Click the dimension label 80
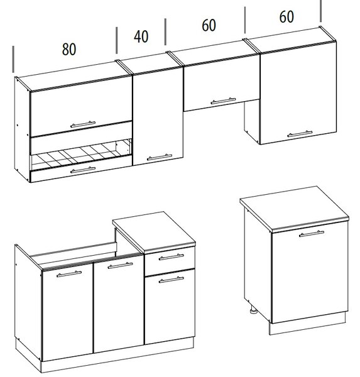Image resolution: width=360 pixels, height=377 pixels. tap(69, 49)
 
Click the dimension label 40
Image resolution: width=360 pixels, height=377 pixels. tap(141, 36)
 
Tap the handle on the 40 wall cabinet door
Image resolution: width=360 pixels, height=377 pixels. tap(160, 157)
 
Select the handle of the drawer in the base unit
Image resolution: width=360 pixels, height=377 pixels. tap(172, 257)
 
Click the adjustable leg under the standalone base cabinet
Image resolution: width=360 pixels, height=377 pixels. tap(253, 309)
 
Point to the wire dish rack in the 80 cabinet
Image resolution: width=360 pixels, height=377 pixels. tap(80, 155)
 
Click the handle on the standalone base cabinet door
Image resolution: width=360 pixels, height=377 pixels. tap(312, 234)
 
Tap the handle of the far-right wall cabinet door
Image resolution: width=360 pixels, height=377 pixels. tap(300, 134)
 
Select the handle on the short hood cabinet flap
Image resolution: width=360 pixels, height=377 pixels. tap(223, 101)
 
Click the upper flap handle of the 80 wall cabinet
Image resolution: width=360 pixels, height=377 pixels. tap(83, 124)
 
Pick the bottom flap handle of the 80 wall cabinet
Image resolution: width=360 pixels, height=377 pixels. tap(83, 170)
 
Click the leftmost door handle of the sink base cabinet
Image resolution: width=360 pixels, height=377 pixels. tap(69, 274)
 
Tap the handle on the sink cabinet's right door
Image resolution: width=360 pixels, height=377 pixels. tap(120, 265)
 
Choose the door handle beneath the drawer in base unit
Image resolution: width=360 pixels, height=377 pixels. tap(172, 280)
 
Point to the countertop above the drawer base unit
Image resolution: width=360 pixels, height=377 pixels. tap(154, 232)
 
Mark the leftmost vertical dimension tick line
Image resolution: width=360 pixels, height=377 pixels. tap(13, 60)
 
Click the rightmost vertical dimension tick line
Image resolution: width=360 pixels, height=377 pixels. tap(320, 11)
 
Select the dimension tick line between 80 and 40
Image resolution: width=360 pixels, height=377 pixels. tap(117, 40)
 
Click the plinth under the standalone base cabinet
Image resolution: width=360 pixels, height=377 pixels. tap(307, 324)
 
